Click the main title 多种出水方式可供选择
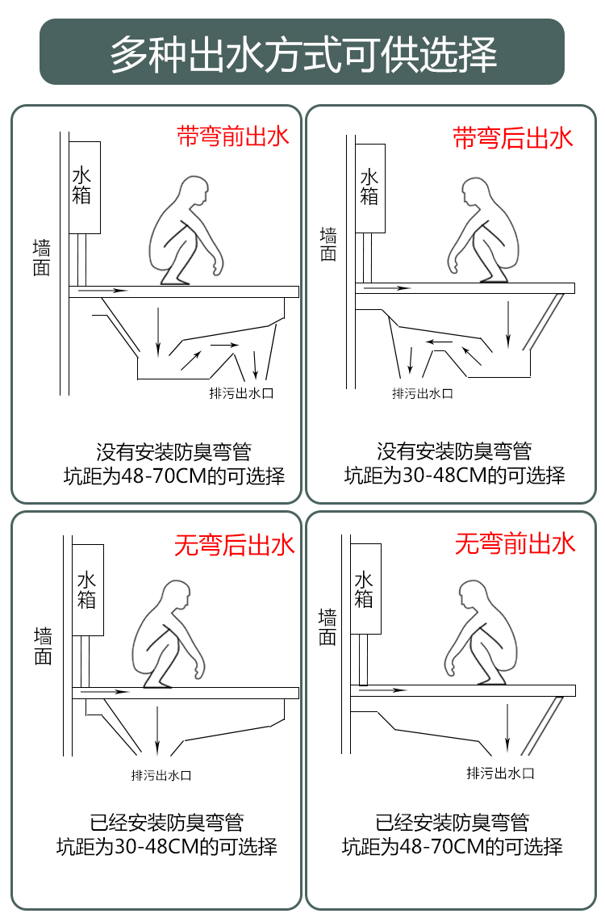pos(302,52)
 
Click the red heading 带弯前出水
pos(232,136)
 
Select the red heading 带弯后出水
pos(513,137)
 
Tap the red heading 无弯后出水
pos(235,546)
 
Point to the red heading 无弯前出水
pos(515,543)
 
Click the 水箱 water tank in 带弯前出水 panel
pos(84,186)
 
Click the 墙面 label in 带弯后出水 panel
pos(328,245)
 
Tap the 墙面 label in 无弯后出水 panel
pos(43,647)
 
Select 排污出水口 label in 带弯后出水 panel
pos(422,393)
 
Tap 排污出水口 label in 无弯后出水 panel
pos(161,775)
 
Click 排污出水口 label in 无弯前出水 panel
pos(500,773)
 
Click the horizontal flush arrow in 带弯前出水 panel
pos(103,290)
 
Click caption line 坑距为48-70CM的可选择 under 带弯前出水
pos(174,476)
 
